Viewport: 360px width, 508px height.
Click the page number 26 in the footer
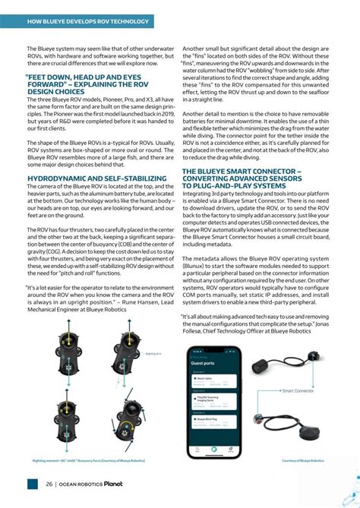click(49, 484)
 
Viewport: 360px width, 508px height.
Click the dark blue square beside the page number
click(32, 484)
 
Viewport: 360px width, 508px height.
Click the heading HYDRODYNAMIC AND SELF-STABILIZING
click(87, 178)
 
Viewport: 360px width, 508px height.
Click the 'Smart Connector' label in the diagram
click(298, 391)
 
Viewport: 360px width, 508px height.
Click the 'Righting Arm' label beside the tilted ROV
click(153, 354)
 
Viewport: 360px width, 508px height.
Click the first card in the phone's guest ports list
click(213, 378)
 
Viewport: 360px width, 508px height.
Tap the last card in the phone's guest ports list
click(213, 419)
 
